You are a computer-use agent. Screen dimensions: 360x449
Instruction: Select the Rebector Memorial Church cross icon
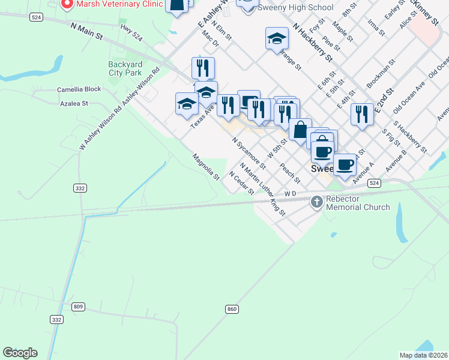pos(317,202)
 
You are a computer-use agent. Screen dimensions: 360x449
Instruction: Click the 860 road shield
pos(232,309)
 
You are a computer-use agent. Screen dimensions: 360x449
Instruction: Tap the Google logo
pos(20,353)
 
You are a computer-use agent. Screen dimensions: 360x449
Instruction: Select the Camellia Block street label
pos(79,89)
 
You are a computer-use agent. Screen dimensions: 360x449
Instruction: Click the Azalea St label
pos(74,103)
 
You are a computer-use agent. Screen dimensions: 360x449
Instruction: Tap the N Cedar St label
pos(242,182)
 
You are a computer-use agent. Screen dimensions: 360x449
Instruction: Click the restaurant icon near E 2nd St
pos(360,115)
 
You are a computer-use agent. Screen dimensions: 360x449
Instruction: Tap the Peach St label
pos(290,172)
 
